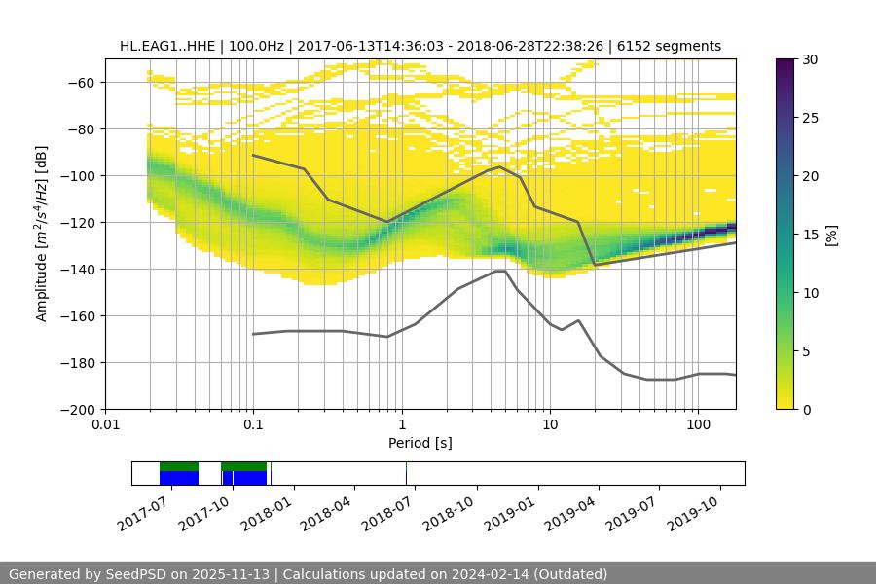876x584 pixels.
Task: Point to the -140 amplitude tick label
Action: pyautogui.click(x=82, y=269)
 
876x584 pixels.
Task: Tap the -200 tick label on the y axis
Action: pyautogui.click(x=82, y=409)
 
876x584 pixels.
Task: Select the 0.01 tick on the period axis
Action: pyautogui.click(x=105, y=425)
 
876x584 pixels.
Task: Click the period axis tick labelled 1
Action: pyautogui.click(x=401, y=425)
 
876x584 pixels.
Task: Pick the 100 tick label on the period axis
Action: pyautogui.click(x=697, y=425)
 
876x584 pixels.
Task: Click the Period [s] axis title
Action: pyautogui.click(x=420, y=443)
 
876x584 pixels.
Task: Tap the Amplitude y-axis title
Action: pyautogui.click(x=41, y=234)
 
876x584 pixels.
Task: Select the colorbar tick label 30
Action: pyautogui.click(x=809, y=59)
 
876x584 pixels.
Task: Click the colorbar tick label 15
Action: pyautogui.click(x=809, y=235)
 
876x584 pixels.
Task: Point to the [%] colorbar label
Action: pyautogui.click(x=830, y=235)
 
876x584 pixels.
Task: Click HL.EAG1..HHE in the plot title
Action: pyautogui.click(x=164, y=46)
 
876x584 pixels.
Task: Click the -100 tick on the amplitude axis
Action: pyautogui.click(x=82, y=175)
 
